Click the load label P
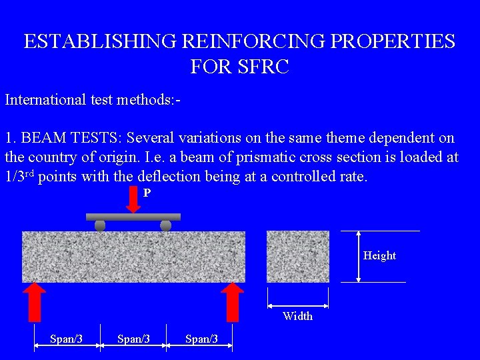coord(147,193)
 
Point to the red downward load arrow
coord(133,200)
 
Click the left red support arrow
coord(34,301)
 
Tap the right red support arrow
coord(233,301)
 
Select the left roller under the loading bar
coord(100,226)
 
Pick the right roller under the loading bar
coord(166,226)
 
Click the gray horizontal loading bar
coord(133,217)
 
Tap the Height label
coord(379,256)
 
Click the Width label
coord(297,316)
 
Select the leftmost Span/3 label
coord(66,339)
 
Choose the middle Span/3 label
coord(133,339)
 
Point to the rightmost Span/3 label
coord(201,339)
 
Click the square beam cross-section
coord(298,256)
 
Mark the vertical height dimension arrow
coord(359,256)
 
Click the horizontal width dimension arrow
coord(298,307)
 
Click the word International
coord(46,100)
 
